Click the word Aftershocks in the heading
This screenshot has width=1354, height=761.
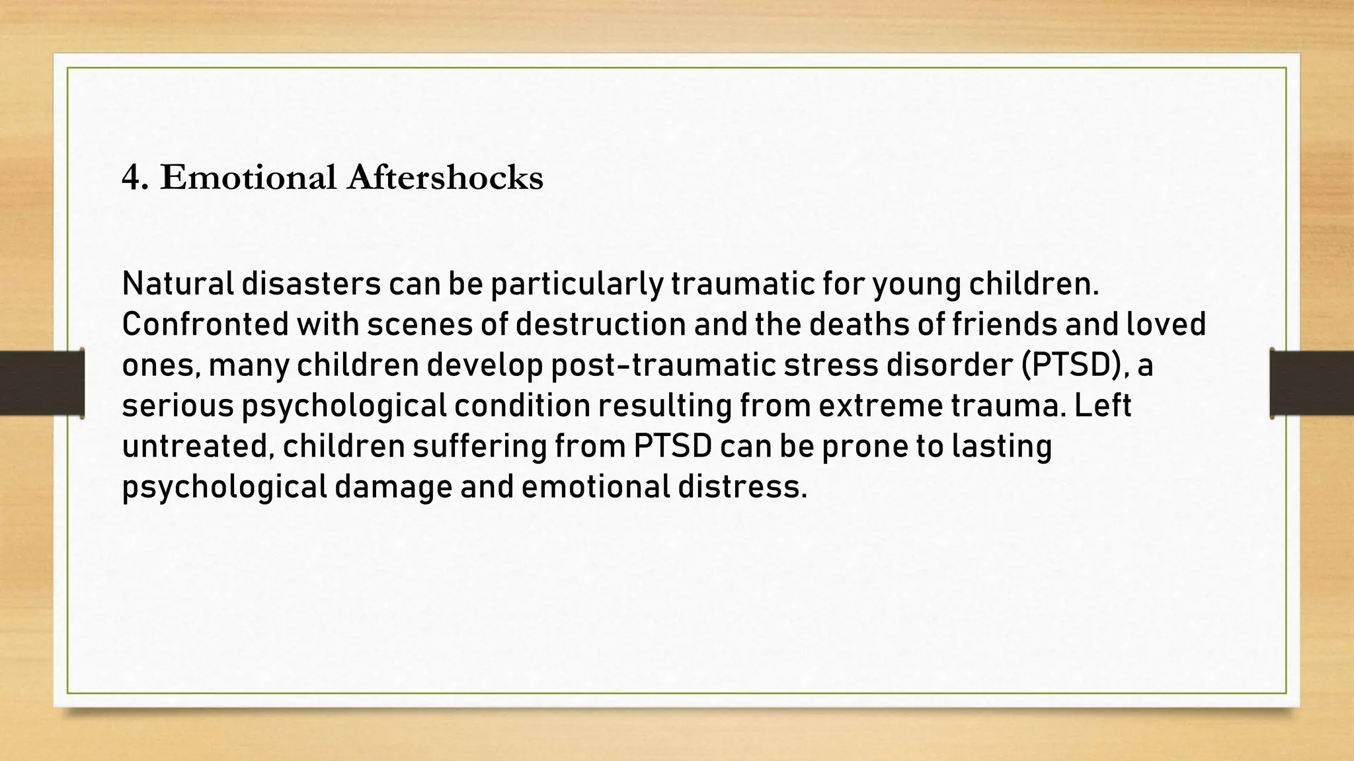444,178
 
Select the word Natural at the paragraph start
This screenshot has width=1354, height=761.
178,284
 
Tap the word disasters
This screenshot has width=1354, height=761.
311,284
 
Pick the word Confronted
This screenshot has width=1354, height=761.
205,324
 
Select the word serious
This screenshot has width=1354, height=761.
178,406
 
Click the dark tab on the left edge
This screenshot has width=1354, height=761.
42,383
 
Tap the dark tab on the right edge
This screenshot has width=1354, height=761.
1312,383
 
